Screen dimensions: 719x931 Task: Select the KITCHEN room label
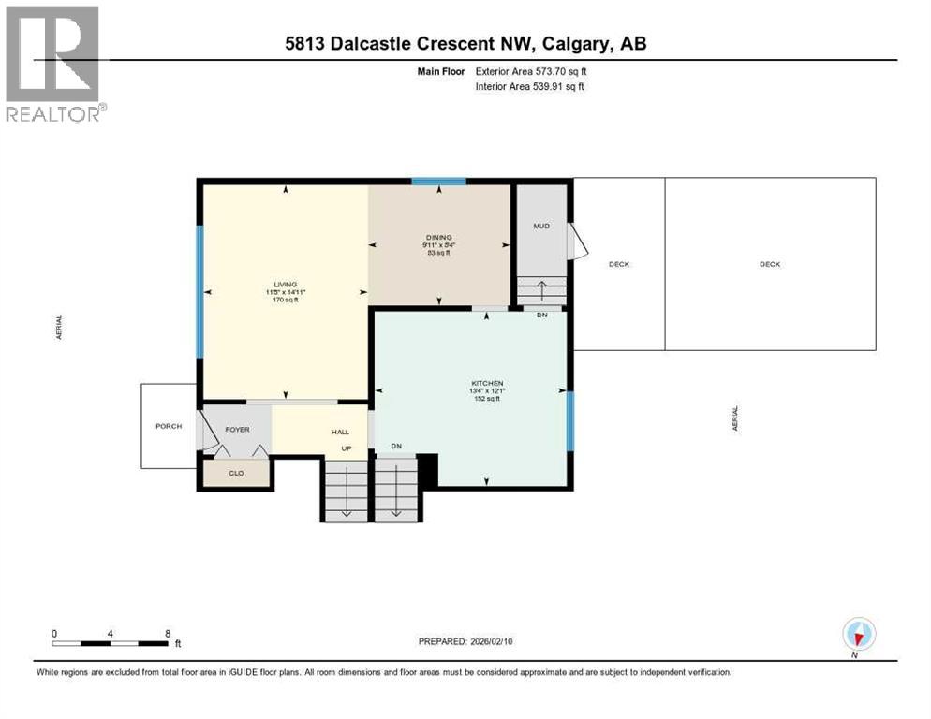[x=487, y=383]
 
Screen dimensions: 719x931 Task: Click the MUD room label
[x=541, y=227]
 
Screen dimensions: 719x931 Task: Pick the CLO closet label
[x=236, y=474]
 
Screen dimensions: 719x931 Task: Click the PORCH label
[x=169, y=426]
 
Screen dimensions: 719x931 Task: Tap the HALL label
[x=341, y=432]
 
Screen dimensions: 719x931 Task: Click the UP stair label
[x=346, y=448]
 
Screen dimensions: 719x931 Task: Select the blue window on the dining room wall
[x=439, y=182]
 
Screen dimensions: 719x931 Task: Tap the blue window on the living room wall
[x=199, y=291]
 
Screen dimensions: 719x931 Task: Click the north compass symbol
[x=858, y=634]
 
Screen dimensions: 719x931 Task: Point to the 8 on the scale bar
[x=167, y=633]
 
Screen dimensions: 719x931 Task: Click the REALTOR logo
[x=55, y=64]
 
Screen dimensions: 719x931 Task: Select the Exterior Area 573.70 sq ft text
[x=531, y=71]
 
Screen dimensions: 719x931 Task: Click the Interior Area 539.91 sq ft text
[x=530, y=87]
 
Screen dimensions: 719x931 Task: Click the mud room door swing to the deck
[x=579, y=243]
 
